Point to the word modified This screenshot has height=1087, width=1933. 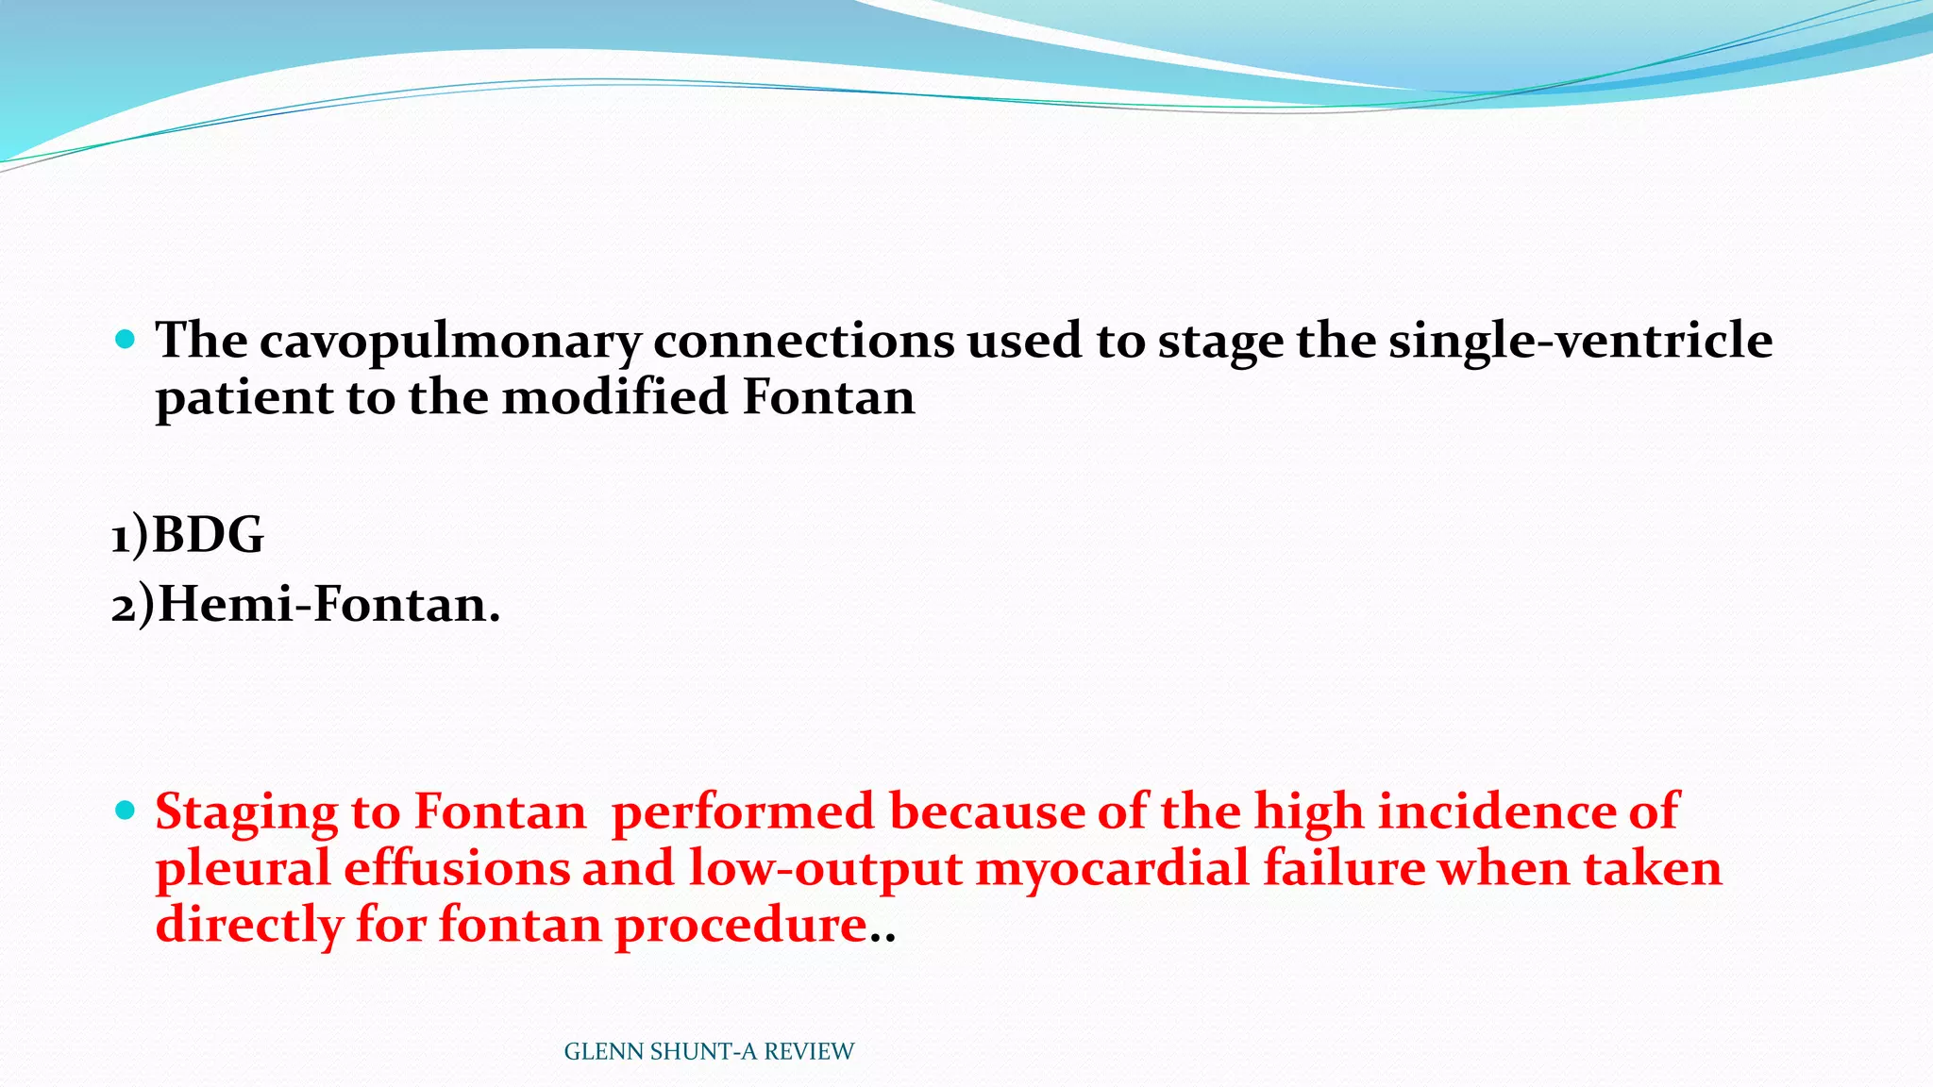pyautogui.click(x=615, y=396)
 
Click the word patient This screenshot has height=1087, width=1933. pyautogui.click(x=244, y=398)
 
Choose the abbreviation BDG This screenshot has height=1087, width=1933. pyautogui.click(x=208, y=536)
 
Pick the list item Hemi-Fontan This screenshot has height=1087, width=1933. pyautogui.click(x=328, y=605)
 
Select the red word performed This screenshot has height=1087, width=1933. pyautogui.click(x=744, y=813)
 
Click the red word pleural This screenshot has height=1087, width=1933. pyautogui.click(x=243, y=868)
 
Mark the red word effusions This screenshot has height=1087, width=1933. pyautogui.click(x=457, y=868)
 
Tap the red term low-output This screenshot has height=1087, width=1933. pyautogui.click(x=825, y=868)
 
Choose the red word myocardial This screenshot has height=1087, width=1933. pyautogui.click(x=1112, y=868)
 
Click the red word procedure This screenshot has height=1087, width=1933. pyautogui.click(x=741, y=926)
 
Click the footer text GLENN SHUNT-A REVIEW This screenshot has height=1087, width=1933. pyautogui.click(x=709, y=1052)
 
